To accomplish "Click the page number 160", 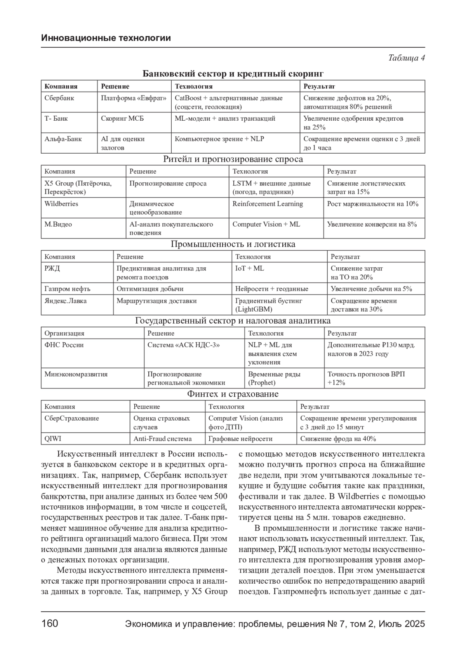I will point(50,623).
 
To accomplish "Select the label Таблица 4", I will point(406,58).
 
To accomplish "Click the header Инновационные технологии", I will point(106,38).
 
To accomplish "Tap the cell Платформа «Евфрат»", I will point(134,98).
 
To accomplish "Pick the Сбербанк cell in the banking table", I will point(59,98).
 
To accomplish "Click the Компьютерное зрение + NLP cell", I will point(219,139).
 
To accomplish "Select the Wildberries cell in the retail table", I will point(61,204).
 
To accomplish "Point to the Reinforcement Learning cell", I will point(268,204).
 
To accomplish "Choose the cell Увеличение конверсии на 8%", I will point(372,224).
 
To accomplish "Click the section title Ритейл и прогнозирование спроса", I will point(233,159).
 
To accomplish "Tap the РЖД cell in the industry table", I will point(52,269).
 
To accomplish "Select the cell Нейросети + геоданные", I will point(272,289).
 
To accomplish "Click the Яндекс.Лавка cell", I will point(66,301).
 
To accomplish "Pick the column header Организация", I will point(64,333).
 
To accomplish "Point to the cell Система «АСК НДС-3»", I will point(183,345).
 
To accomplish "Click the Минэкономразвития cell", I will point(76,374).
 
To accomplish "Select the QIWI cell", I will point(53,439).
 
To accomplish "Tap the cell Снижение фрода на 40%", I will point(338,439).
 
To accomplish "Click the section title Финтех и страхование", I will point(233,394).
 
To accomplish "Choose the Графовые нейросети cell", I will point(240,439).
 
